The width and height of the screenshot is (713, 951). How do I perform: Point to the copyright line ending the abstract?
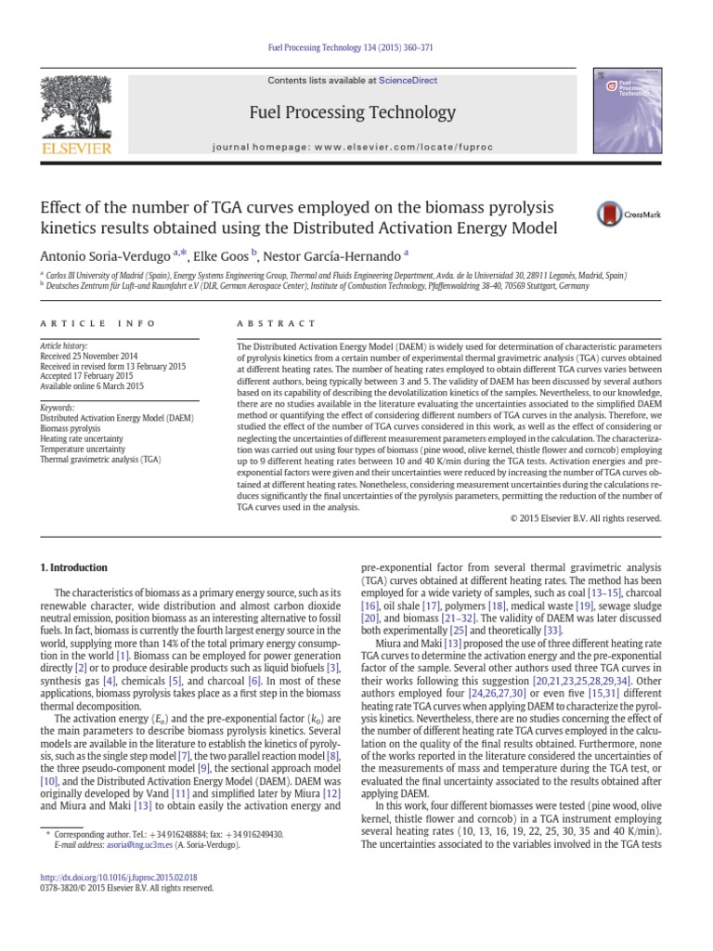click(585, 518)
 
